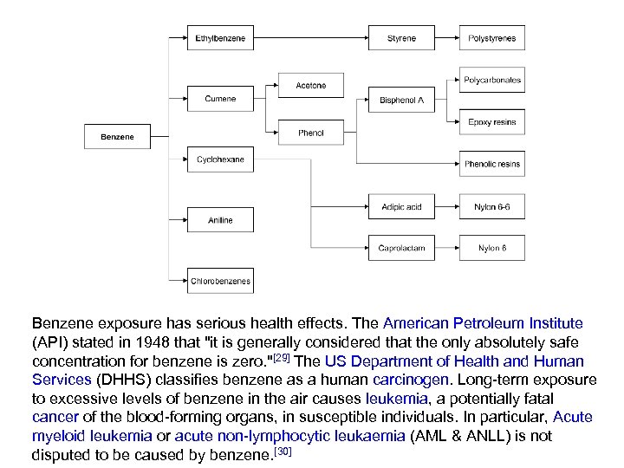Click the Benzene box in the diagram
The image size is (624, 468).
(117, 137)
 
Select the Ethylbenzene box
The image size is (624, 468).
(220, 38)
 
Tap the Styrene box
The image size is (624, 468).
(401, 38)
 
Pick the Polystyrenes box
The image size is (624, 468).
(491, 38)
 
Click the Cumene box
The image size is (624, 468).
(220, 99)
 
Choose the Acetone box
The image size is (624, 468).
(310, 86)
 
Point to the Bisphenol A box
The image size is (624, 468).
(401, 100)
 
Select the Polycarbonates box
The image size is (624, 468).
(491, 80)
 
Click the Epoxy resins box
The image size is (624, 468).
(491, 122)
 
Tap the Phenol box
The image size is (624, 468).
(310, 133)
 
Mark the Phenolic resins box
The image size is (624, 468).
(491, 164)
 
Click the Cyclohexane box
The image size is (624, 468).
(220, 159)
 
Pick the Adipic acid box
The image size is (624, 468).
(401, 206)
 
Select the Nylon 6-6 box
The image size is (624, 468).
(491, 206)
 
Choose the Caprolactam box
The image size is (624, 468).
(401, 248)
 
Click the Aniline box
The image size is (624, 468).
(220, 220)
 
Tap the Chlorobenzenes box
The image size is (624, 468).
(220, 281)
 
